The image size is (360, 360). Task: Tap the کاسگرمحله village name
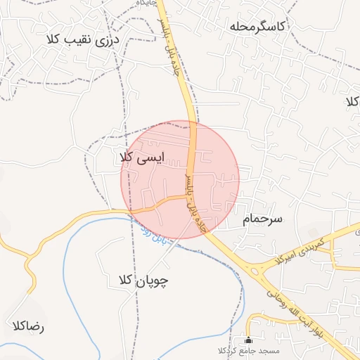258,27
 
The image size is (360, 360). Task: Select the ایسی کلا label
143,158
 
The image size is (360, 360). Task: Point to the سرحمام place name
262,219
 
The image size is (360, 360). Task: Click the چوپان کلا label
144,281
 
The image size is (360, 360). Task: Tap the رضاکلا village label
28,326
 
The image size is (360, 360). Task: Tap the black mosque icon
247,339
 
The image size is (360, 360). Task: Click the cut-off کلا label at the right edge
352,102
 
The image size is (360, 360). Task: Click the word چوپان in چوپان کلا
157,281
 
